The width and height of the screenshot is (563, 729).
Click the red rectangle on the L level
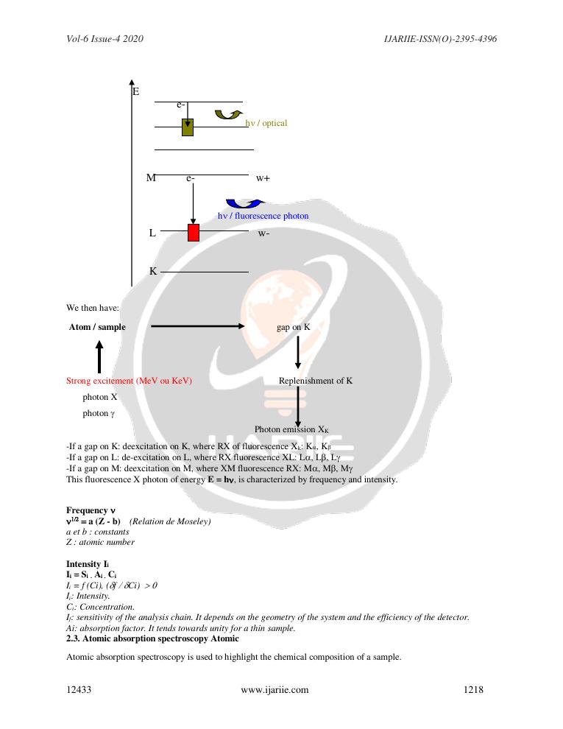tap(194, 233)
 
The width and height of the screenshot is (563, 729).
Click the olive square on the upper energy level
tap(188, 127)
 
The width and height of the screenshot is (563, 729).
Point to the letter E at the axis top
tap(136, 91)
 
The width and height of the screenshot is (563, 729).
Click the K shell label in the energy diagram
tap(153, 271)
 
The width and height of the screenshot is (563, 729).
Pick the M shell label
tap(151, 177)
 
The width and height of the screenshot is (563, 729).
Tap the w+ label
tap(263, 178)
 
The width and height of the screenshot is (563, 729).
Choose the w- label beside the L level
tap(263, 233)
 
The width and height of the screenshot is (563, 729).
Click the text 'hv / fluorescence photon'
tap(263, 216)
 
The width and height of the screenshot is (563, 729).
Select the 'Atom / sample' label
tap(97, 327)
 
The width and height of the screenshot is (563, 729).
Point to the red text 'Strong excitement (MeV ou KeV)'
tap(129, 381)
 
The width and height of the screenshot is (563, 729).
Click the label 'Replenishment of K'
tap(315, 381)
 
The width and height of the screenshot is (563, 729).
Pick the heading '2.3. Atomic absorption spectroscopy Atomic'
tap(152, 638)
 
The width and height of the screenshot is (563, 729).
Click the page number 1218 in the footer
tap(473, 690)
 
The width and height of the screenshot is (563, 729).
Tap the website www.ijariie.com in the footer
tap(275, 690)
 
